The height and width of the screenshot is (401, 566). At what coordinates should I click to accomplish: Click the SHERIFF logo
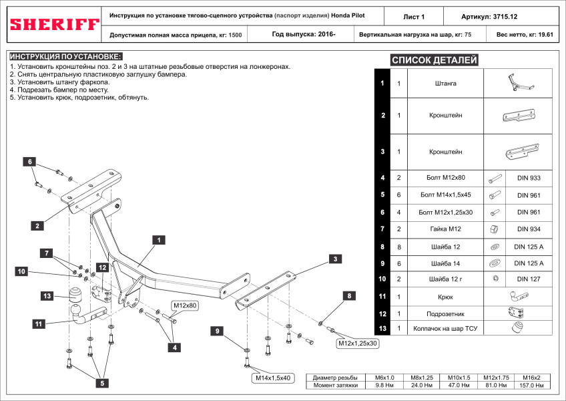click(x=55, y=25)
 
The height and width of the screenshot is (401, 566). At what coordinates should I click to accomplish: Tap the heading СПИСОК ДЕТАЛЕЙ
click(x=435, y=60)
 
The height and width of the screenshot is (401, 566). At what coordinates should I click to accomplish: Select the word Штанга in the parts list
click(x=445, y=83)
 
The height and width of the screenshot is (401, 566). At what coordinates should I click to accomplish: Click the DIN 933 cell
click(x=529, y=178)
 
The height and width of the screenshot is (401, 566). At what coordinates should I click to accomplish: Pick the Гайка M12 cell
click(x=445, y=229)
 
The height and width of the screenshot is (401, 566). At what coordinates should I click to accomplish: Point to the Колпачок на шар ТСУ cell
click(x=445, y=328)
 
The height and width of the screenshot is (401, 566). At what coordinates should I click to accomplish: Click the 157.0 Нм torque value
click(x=531, y=386)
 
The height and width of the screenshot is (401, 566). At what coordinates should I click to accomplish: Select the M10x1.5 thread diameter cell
click(x=459, y=378)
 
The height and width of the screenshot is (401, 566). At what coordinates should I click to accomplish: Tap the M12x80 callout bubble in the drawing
click(x=185, y=305)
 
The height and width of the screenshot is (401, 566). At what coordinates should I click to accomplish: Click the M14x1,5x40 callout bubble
click(x=273, y=378)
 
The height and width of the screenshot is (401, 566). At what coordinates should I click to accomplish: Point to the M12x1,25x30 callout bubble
click(x=357, y=343)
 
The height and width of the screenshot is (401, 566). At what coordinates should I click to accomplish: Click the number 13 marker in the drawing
click(x=47, y=296)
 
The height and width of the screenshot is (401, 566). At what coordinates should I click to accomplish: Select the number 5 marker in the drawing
click(x=102, y=383)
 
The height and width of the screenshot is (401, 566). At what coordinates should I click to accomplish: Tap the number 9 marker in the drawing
click(x=218, y=331)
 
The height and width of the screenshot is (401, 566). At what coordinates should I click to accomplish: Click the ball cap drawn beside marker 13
click(x=75, y=295)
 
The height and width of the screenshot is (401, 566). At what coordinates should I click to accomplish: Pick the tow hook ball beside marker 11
click(x=77, y=310)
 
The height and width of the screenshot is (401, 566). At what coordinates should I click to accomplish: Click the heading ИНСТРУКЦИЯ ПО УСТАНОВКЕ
click(x=65, y=56)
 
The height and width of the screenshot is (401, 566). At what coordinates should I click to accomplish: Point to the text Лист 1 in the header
click(x=414, y=17)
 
